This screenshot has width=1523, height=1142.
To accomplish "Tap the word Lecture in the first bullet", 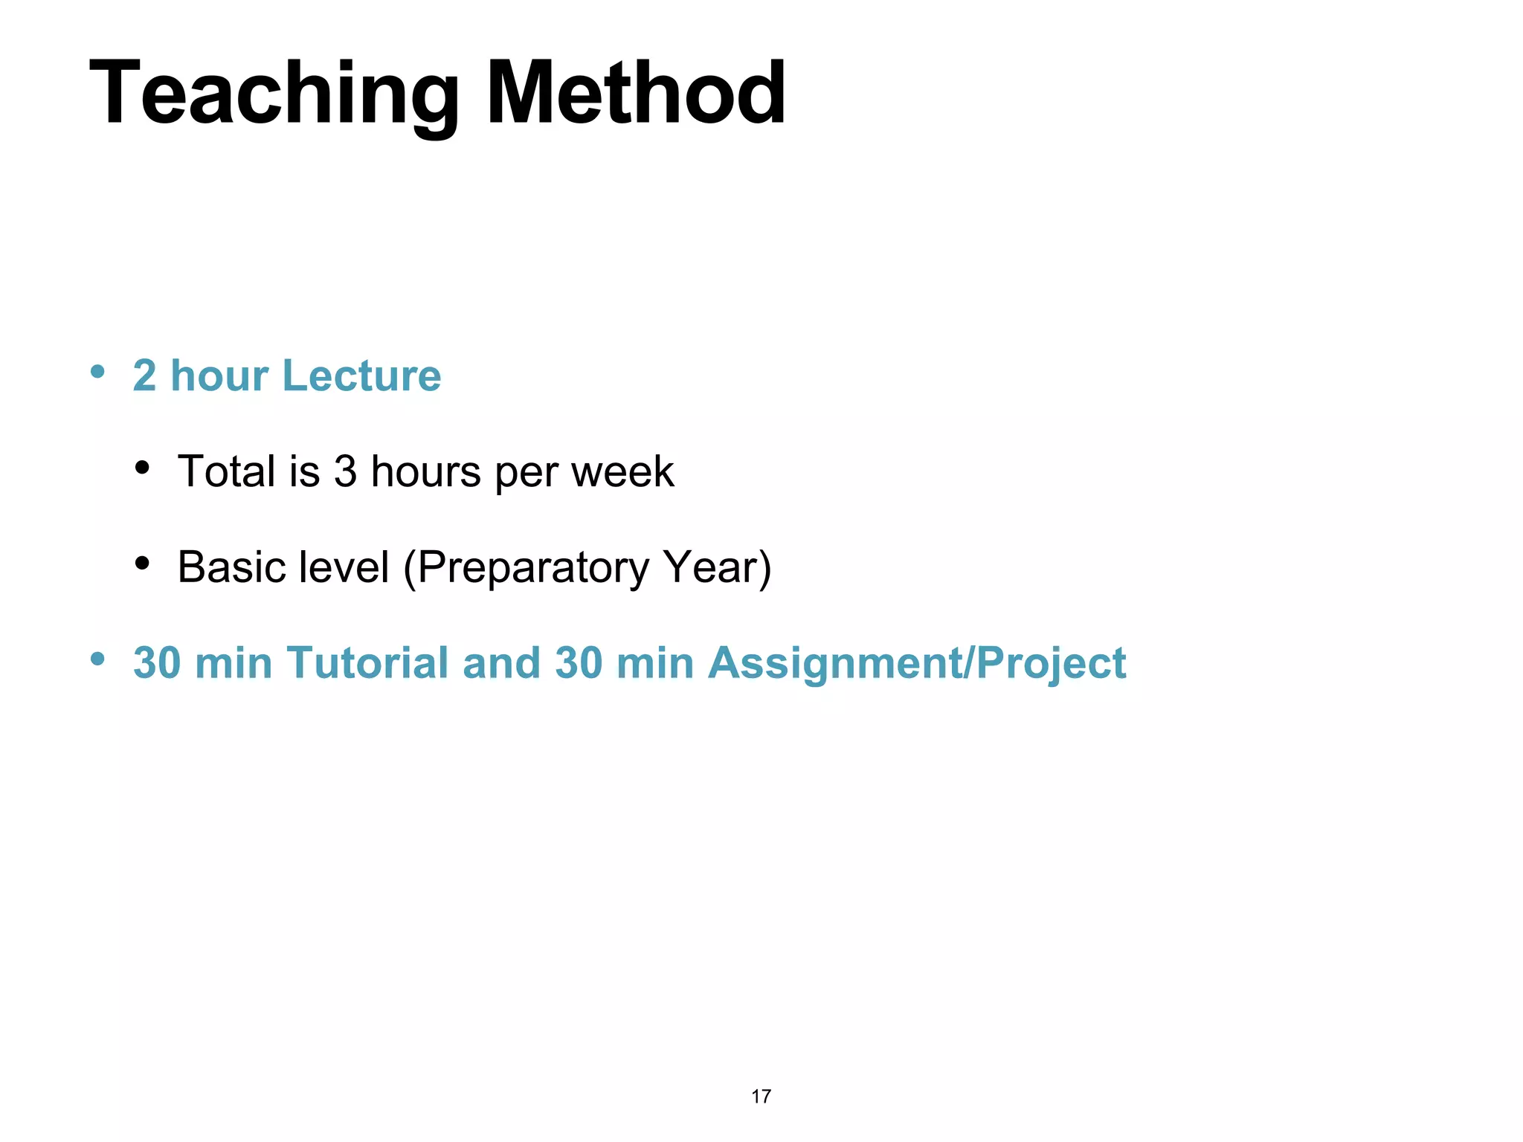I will click(361, 375).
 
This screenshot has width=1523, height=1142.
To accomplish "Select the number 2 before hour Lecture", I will click(144, 375).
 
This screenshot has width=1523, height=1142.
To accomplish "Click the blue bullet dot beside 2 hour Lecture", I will click(97, 371).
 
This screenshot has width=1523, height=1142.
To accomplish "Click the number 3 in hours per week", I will click(345, 471).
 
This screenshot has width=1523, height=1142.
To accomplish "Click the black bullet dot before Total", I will click(142, 468).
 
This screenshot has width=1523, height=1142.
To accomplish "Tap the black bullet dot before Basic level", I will click(142, 564).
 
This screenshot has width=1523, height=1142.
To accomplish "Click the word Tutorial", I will click(367, 662).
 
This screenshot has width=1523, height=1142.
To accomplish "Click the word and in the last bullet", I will click(500, 662).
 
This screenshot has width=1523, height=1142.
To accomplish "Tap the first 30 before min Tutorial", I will click(157, 662).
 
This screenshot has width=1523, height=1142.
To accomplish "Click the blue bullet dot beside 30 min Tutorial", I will click(97, 659).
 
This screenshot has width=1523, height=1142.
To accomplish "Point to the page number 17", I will click(761, 1097).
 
